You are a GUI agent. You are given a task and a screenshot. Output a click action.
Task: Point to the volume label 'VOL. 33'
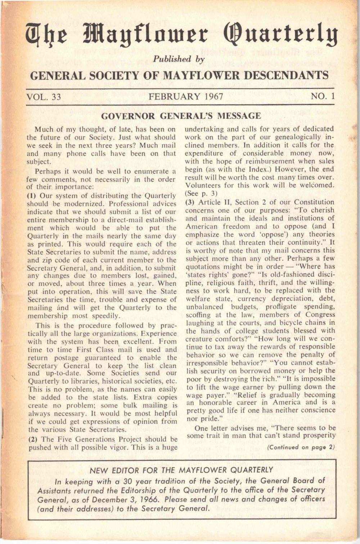pyautogui.click(x=44, y=97)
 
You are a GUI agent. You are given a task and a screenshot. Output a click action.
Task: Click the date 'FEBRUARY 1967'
pyautogui.click(x=186, y=97)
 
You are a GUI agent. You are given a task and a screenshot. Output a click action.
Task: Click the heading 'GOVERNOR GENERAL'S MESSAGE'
pyautogui.click(x=181, y=116)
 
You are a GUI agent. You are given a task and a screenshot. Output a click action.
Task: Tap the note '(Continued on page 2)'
pyautogui.click(x=301, y=447)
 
